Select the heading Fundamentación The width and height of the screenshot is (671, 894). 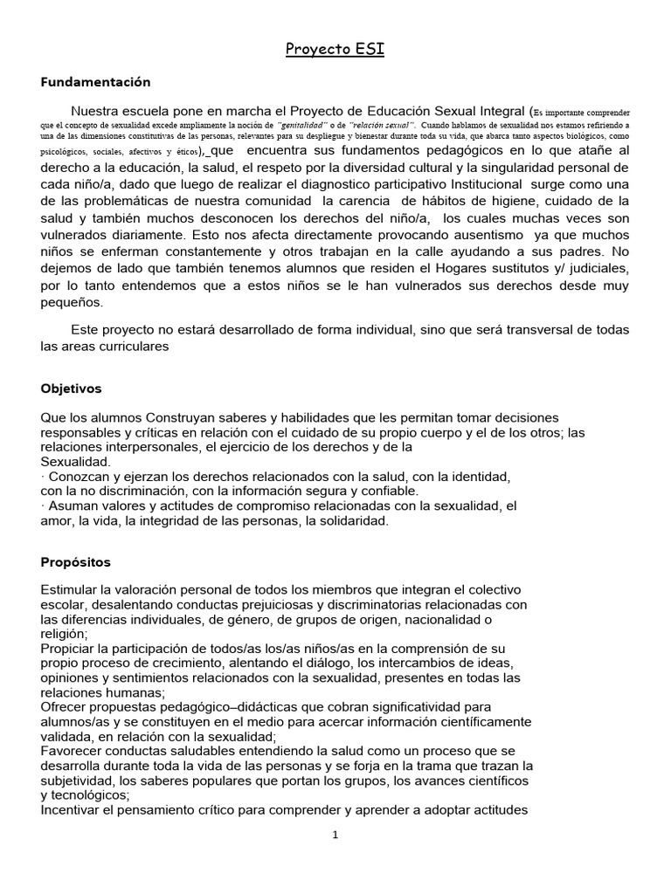pyautogui.click(x=96, y=82)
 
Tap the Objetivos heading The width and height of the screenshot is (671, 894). pyautogui.click(x=71, y=388)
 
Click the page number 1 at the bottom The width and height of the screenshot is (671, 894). pyautogui.click(x=335, y=835)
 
